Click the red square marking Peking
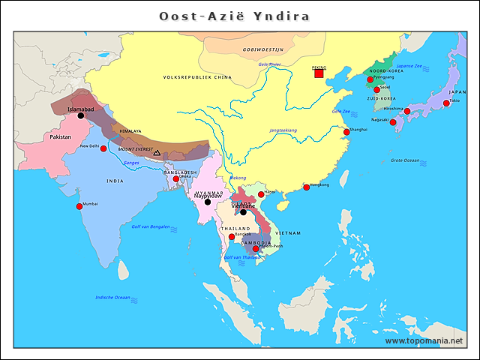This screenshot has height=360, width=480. tap(319, 73)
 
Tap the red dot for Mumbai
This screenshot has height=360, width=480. tap(79, 206)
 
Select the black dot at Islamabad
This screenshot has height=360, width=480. tap(81, 115)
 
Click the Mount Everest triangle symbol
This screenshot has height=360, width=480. tap(157, 152)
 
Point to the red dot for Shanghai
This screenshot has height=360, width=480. tap(346, 132)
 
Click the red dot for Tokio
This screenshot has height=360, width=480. tap(446, 103)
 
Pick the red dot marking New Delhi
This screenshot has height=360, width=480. tap(103, 148)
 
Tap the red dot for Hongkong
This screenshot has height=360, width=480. tap(306, 187)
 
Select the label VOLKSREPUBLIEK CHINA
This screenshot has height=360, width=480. tap(197, 77)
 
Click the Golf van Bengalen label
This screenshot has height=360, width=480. tap(151, 226)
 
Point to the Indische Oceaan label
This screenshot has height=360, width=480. tap(112, 298)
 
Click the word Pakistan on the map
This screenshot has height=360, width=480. tap(61, 137)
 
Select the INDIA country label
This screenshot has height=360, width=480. tap(115, 181)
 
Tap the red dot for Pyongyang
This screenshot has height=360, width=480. tap(370, 79)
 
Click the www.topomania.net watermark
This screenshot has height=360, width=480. tap(424, 340)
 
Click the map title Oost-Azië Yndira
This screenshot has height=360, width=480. tap(234, 16)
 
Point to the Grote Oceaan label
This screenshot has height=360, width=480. tap(405, 160)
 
